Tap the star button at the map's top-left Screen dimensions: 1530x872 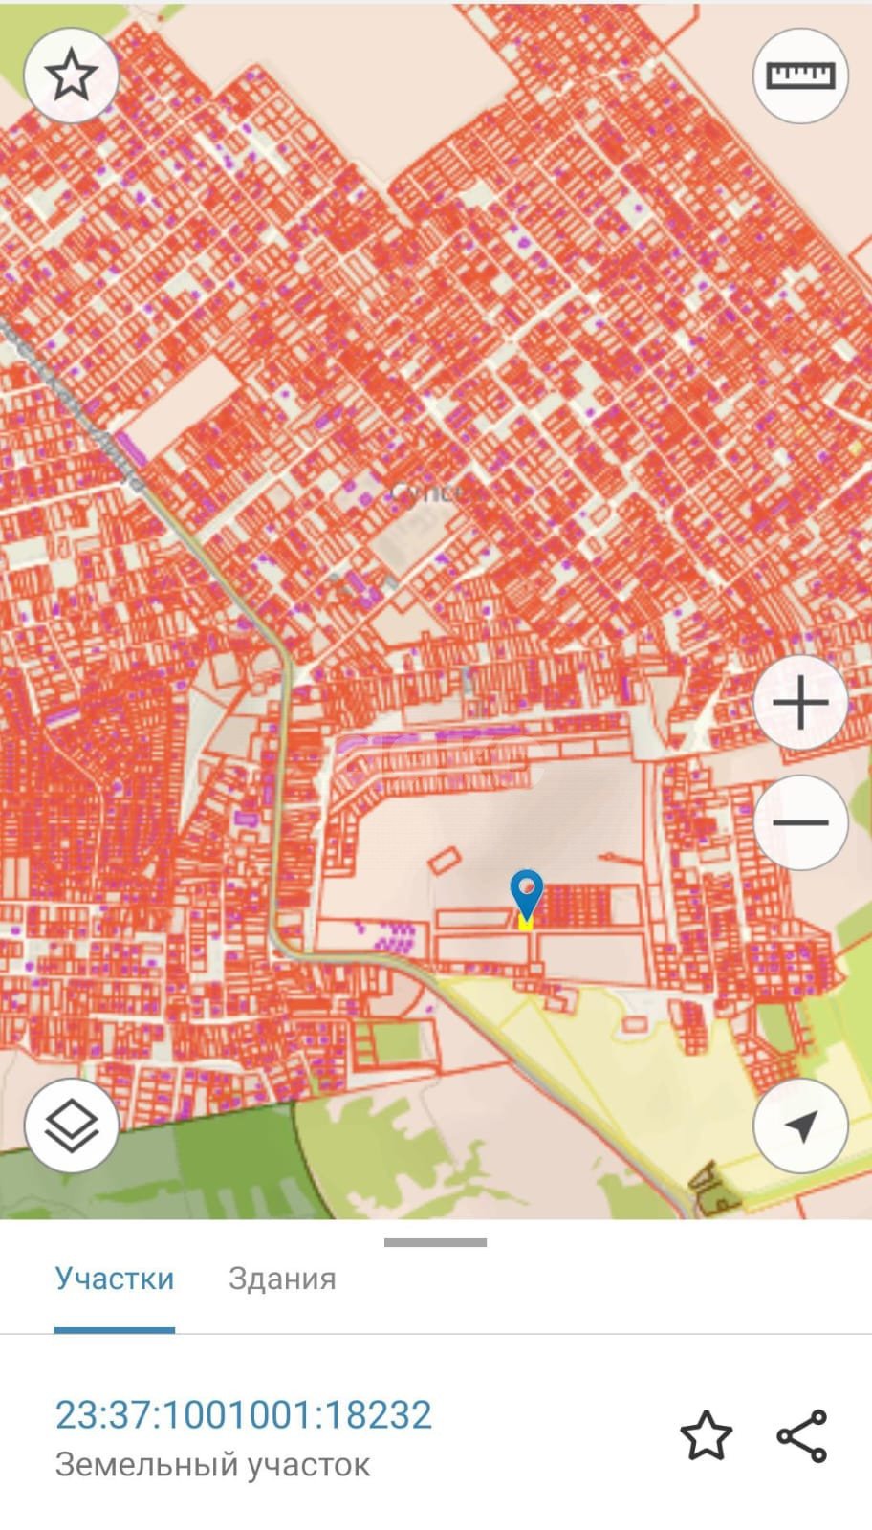pos(71,76)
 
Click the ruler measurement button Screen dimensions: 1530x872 pos(800,76)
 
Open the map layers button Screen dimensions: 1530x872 pos(71,1126)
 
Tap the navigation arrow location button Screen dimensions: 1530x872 pos(800,1126)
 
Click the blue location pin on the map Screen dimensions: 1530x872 pos(527,893)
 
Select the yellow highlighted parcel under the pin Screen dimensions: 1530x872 pos(525,923)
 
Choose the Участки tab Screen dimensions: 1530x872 pos(115,1279)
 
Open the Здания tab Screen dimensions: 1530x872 pos(282,1279)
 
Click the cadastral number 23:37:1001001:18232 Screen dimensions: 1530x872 pos(244,1415)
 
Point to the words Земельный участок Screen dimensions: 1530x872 pos(212,1464)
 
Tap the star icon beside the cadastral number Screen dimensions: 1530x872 pos(706,1435)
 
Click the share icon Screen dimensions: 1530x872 pos(801,1435)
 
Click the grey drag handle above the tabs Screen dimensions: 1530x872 pos(435,1242)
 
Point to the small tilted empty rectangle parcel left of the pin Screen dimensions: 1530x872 pos(443,861)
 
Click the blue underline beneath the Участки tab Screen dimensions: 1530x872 pos(115,1329)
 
